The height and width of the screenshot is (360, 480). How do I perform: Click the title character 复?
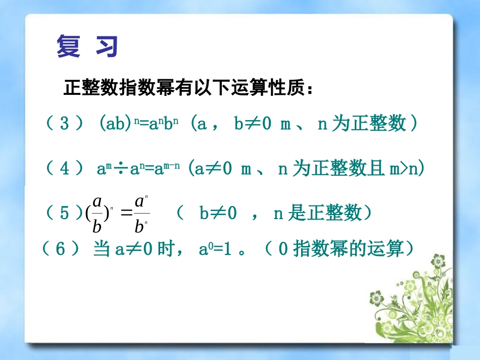click(68, 46)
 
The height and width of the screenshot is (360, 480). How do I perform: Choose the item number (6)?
click(60, 249)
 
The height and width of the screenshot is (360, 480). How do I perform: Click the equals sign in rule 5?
click(125, 214)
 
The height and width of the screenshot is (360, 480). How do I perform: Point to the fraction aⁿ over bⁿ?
click(141, 214)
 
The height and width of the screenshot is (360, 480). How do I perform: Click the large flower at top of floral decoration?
click(437, 262)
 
